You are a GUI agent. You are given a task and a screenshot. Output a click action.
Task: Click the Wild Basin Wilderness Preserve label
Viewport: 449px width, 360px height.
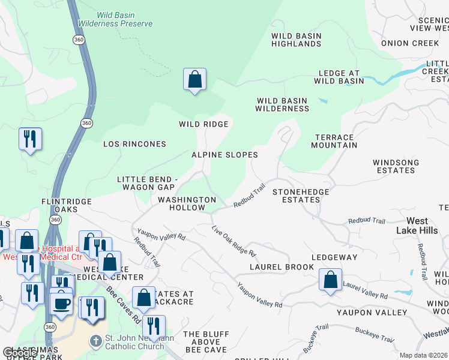(124, 19)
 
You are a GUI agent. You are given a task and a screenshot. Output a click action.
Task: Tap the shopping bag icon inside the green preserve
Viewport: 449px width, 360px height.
(194, 80)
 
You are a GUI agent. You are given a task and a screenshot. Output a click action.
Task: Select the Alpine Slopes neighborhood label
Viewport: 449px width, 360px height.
(224, 155)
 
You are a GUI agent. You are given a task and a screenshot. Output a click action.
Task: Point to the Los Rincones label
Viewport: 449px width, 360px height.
(134, 144)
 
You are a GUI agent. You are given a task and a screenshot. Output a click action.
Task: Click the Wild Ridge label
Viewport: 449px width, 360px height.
(203, 124)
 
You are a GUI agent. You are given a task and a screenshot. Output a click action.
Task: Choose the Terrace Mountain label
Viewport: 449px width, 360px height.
(334, 141)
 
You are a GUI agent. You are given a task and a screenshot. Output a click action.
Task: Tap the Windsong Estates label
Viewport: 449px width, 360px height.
(394, 166)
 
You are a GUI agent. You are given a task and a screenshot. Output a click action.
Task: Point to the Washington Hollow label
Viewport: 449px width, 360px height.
(187, 203)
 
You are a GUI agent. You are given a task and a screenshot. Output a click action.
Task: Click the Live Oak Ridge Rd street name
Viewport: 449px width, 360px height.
(234, 240)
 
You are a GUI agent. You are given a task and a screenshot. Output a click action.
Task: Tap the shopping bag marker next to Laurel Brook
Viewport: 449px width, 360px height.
(330, 280)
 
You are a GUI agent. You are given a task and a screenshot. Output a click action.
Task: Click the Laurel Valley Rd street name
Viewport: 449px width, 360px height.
(364, 290)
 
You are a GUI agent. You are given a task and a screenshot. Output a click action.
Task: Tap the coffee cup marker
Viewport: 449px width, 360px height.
(61, 303)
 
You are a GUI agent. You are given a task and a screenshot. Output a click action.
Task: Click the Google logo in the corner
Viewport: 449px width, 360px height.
(19, 353)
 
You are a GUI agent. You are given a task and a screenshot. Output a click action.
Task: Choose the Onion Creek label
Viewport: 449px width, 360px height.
(410, 43)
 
